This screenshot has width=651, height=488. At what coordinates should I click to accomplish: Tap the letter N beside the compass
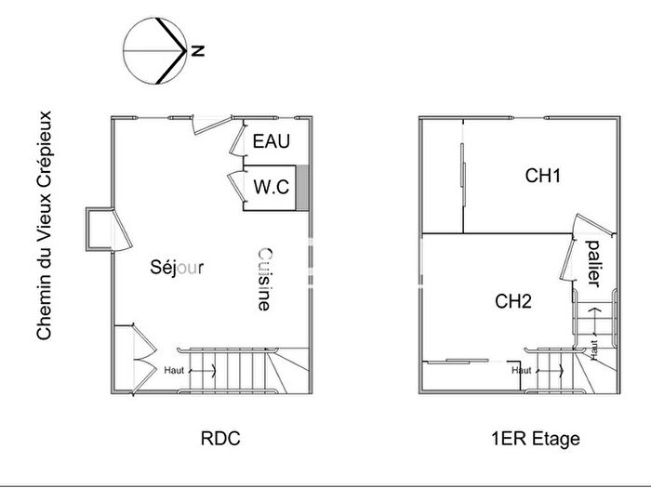197,51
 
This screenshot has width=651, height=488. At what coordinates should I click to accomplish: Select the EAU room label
272,142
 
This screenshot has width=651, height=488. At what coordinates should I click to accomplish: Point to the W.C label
272,187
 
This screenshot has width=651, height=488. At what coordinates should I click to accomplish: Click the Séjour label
177,267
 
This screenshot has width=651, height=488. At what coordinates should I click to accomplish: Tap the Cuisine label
264,279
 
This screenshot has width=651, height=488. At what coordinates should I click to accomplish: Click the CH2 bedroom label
512,300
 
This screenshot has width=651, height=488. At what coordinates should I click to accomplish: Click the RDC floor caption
220,437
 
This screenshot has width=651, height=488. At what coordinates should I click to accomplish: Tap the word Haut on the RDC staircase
173,369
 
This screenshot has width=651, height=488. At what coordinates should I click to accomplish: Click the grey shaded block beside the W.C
300,185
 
